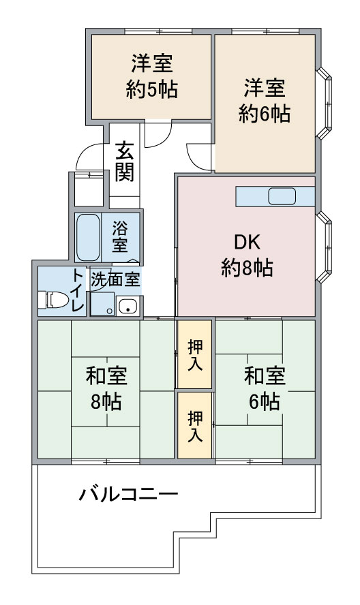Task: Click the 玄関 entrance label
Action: [x=124, y=161]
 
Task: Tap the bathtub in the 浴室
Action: [x=89, y=238]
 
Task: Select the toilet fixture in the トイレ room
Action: [x=52, y=300]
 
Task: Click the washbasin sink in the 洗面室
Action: [x=127, y=307]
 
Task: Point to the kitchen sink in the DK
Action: [x=282, y=196]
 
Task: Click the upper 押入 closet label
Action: [x=195, y=356]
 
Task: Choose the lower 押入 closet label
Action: [x=195, y=426]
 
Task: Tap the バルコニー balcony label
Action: [x=129, y=494]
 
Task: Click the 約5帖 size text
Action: [x=152, y=90]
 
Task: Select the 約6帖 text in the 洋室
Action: [x=265, y=114]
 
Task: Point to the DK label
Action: [x=247, y=242]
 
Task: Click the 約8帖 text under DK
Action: [x=247, y=267]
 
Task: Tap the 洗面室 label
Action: [x=115, y=279]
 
